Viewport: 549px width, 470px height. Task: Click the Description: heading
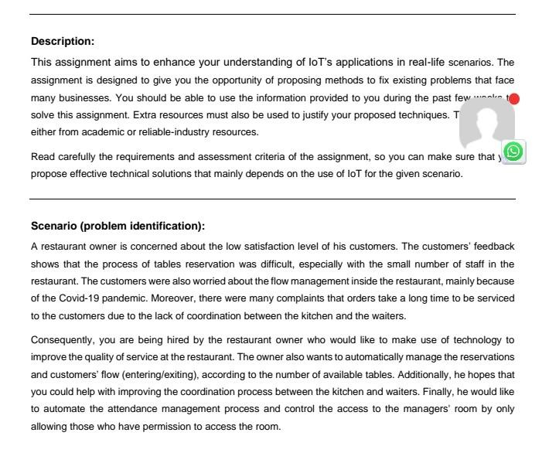[62, 41]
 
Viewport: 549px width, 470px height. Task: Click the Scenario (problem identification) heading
[117, 226]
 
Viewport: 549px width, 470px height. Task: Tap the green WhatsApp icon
[513, 152]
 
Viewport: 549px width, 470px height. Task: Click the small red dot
[514, 99]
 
